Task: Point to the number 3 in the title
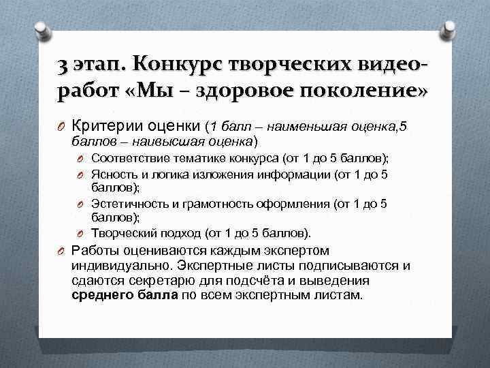(63, 65)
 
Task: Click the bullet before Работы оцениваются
(61, 250)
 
